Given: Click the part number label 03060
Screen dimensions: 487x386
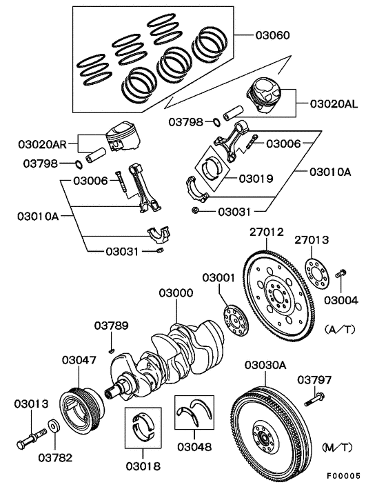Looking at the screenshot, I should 272,34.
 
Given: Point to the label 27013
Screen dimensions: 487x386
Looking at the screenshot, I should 312,240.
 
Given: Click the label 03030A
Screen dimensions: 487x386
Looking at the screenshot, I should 265,365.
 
